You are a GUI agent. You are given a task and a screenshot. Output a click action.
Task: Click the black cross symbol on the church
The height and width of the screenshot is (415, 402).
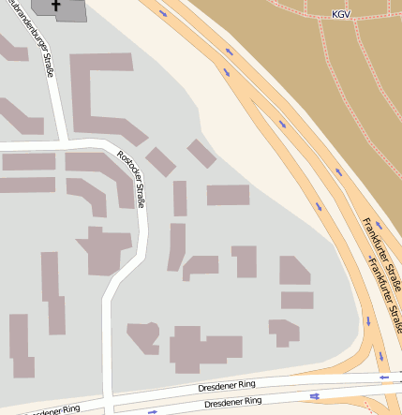(57, 7)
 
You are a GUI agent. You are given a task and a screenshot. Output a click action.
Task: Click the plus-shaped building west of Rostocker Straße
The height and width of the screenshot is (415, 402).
(104, 250)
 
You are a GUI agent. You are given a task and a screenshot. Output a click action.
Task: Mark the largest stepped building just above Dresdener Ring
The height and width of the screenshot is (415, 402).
(204, 349)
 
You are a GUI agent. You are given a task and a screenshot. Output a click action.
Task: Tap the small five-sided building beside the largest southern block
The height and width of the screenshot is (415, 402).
(144, 335)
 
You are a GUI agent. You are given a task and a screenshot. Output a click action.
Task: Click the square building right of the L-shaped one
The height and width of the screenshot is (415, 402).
(245, 261)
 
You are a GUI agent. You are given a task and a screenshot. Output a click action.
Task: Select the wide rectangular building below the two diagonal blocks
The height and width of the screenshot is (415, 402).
(228, 195)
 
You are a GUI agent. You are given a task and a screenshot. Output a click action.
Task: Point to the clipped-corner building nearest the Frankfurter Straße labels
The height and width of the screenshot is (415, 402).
(294, 271)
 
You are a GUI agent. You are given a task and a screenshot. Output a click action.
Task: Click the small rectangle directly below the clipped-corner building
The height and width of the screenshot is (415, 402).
(297, 300)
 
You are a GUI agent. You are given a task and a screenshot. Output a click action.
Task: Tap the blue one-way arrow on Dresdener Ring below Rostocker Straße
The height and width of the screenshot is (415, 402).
(153, 410)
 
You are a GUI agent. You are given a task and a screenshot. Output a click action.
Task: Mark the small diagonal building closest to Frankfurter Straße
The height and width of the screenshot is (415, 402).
(201, 153)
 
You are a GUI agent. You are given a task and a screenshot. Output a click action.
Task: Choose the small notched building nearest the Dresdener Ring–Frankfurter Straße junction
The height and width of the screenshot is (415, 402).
(283, 331)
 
